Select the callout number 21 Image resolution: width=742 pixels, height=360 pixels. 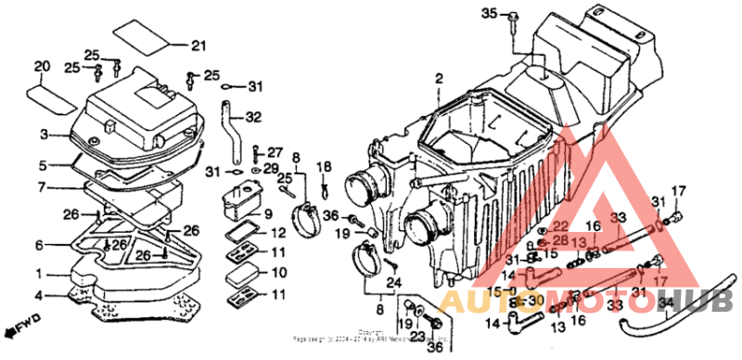[x=200, y=45]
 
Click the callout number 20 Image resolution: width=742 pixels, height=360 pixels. [x=42, y=66]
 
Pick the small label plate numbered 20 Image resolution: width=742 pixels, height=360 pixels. [x=49, y=96]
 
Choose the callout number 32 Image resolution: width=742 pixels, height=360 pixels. [x=253, y=118]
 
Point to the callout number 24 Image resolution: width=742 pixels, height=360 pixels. [x=392, y=281]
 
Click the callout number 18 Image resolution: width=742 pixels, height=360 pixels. [x=324, y=166]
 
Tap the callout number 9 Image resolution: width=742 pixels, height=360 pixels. [x=267, y=213]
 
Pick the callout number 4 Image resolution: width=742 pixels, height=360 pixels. [x=40, y=296]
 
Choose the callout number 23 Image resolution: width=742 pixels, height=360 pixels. [x=418, y=336]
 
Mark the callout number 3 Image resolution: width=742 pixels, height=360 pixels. [x=44, y=135]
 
